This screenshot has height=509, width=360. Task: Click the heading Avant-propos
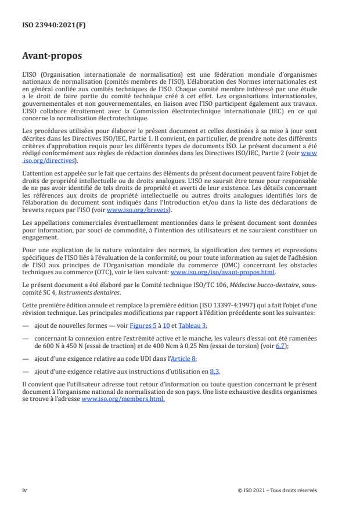point(52,57)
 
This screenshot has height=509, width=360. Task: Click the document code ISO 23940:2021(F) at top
point(46,26)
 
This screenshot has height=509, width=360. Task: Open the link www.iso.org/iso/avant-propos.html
point(222,271)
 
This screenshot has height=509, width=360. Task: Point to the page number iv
point(24,490)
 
